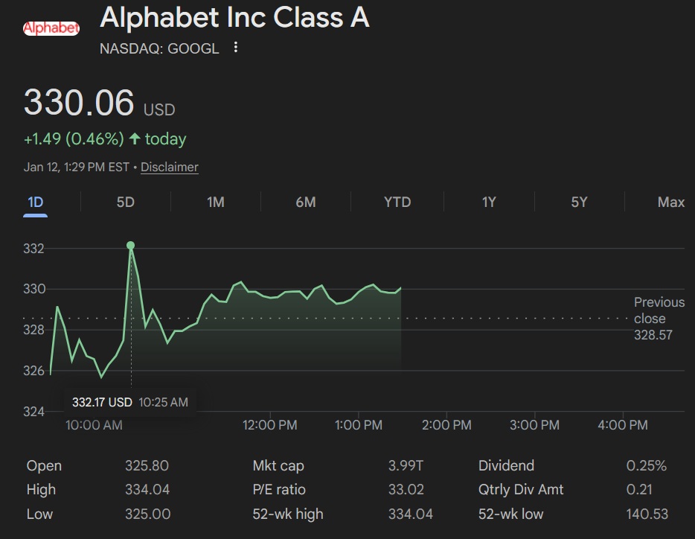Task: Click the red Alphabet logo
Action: pyautogui.click(x=51, y=28)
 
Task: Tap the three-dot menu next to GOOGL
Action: pyautogui.click(x=236, y=48)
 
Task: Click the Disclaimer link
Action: pyautogui.click(x=170, y=167)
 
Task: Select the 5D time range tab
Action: pyautogui.click(x=126, y=202)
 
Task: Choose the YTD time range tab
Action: pyautogui.click(x=397, y=202)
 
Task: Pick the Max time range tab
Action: pyautogui.click(x=670, y=202)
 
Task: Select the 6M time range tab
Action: pyautogui.click(x=306, y=202)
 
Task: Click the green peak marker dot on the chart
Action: pyautogui.click(x=131, y=245)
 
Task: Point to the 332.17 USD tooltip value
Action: pyautogui.click(x=102, y=402)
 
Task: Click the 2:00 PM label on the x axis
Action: pyautogui.click(x=446, y=425)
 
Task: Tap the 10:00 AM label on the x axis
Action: pyautogui.click(x=94, y=425)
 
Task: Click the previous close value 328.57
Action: pyautogui.click(x=653, y=335)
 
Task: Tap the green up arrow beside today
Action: pyautogui.click(x=135, y=138)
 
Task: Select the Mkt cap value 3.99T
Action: pyautogui.click(x=406, y=466)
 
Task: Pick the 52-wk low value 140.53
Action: pyautogui.click(x=647, y=514)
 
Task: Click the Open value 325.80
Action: pyautogui.click(x=147, y=466)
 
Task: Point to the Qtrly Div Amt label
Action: pyautogui.click(x=521, y=490)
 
